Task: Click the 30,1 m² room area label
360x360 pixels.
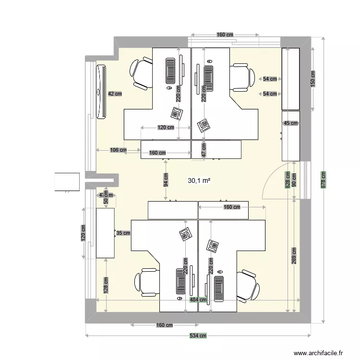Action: tap(200, 181)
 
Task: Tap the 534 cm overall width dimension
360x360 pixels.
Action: tap(197, 336)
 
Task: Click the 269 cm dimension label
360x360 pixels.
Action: tap(293, 257)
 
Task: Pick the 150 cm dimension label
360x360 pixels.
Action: tap(312, 79)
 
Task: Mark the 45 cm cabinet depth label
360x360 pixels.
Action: tap(290, 123)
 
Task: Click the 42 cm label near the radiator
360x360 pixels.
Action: tap(114, 94)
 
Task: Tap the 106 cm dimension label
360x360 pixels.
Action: tap(118, 150)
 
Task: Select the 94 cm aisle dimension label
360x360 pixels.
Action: tap(166, 180)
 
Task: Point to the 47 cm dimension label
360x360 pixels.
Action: tap(204, 150)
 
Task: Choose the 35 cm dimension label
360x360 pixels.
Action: tap(123, 233)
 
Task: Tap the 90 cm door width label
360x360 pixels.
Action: tap(294, 180)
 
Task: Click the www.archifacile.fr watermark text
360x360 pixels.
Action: tap(318, 353)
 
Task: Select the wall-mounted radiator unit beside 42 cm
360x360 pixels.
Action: tap(101, 91)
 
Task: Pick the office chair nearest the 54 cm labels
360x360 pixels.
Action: tap(242, 77)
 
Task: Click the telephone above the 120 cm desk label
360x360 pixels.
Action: tap(177, 113)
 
